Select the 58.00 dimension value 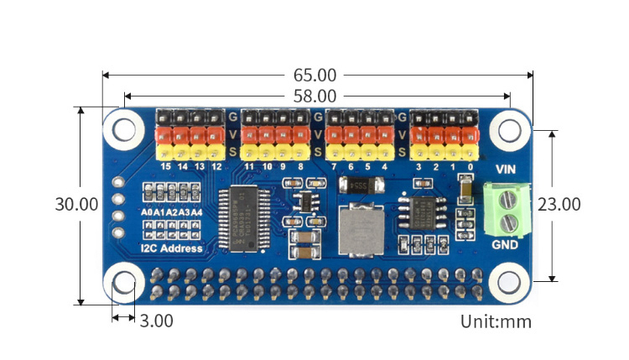click(x=314, y=97)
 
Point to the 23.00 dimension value click(x=559, y=204)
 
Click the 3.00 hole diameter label click(x=157, y=321)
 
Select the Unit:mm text click(x=496, y=321)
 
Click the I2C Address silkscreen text click(x=173, y=248)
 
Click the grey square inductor click(x=360, y=229)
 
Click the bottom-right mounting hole click(x=508, y=281)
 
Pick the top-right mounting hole click(x=508, y=129)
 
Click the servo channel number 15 click(x=165, y=166)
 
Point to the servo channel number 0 click(x=470, y=166)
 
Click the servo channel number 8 click(x=300, y=166)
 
